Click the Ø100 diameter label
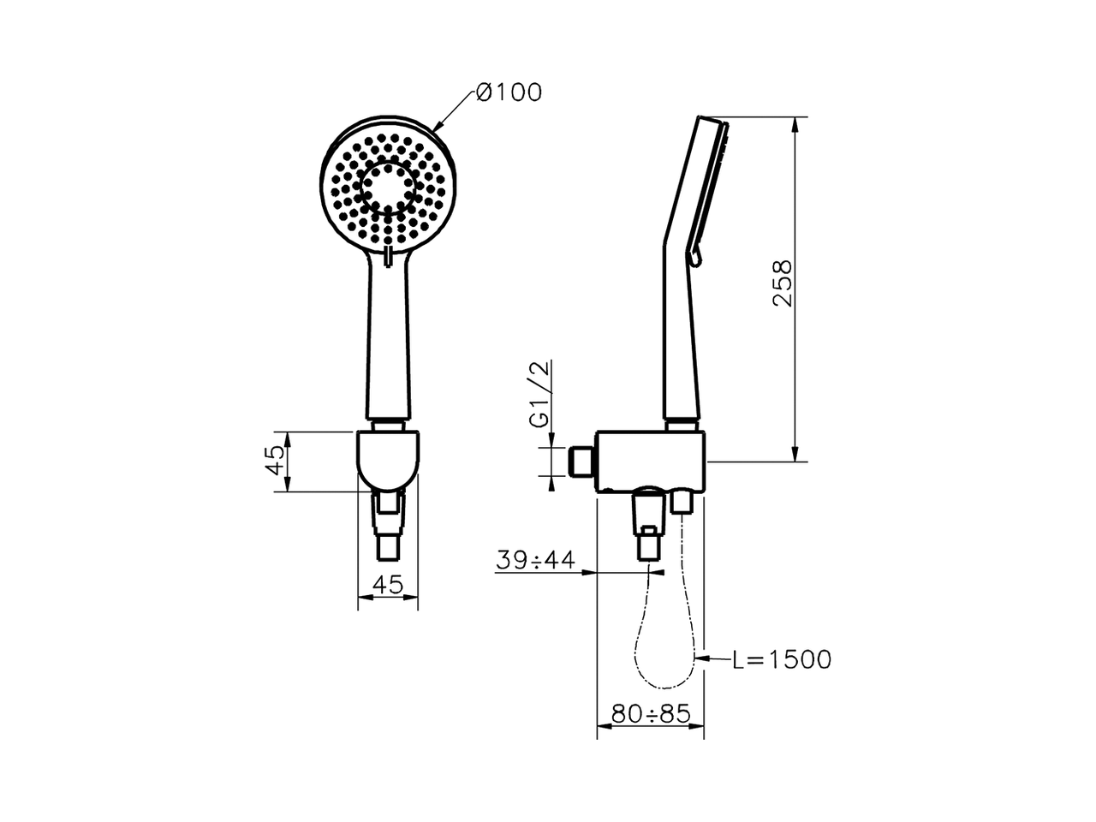click(509, 92)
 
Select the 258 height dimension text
click(783, 283)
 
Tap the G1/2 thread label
click(539, 394)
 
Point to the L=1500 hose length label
click(782, 659)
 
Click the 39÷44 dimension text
click(535, 560)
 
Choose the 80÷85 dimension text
click(651, 714)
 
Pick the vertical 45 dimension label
click(275, 461)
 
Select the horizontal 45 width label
click(388, 585)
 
